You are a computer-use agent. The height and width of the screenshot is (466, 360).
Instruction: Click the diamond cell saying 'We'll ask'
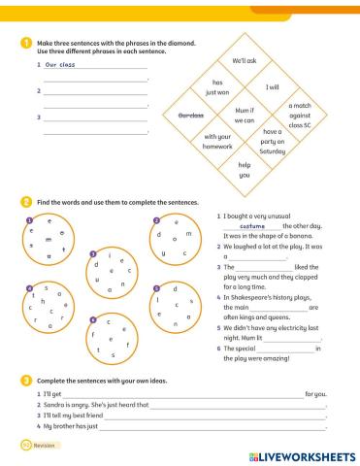click(x=244, y=59)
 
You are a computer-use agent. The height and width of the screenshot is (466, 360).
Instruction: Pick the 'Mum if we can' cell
click(x=244, y=116)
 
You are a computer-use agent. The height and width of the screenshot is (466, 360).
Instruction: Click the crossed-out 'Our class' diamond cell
click(x=190, y=116)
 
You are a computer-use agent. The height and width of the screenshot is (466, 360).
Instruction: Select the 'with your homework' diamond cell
click(x=217, y=143)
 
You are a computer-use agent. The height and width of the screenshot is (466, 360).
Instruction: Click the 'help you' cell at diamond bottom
click(x=244, y=170)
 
